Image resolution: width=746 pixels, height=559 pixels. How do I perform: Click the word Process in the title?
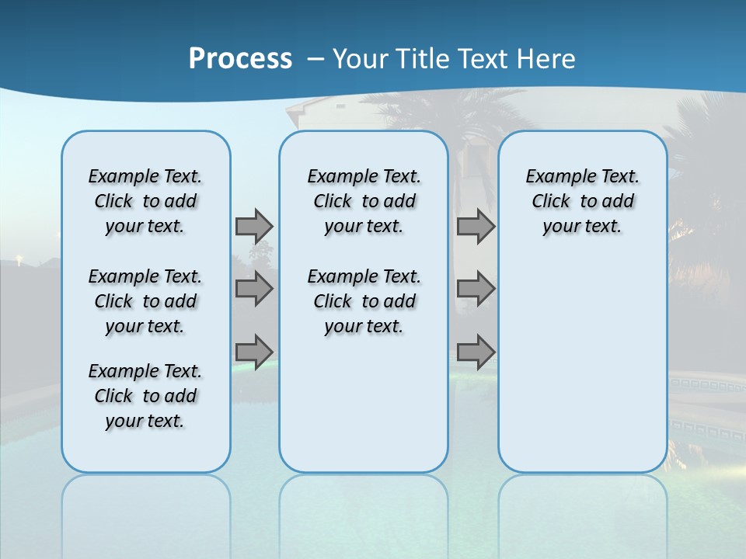[x=240, y=59]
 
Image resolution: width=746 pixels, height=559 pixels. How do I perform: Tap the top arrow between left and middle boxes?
[x=254, y=226]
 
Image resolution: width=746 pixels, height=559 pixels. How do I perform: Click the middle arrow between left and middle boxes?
[x=254, y=289]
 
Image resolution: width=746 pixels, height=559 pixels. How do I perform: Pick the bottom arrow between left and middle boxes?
[x=254, y=351]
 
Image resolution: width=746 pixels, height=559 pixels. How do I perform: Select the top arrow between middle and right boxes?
[x=476, y=226]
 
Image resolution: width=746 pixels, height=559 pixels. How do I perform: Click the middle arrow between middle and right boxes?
[x=476, y=289]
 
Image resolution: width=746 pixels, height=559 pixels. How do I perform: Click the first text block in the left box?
[x=145, y=201]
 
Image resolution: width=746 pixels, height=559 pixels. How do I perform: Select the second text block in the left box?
[x=145, y=301]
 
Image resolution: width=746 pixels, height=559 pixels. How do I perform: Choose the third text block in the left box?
[x=145, y=396]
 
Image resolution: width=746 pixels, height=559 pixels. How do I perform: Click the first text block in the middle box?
[x=364, y=201]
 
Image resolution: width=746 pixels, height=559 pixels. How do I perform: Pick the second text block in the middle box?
[x=364, y=301]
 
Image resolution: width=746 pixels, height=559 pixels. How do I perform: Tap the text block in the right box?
[x=582, y=201]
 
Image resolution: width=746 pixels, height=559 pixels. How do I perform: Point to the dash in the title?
[x=315, y=59]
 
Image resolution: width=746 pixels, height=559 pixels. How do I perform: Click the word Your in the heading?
[x=361, y=59]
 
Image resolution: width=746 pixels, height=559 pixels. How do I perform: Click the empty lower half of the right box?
[x=582, y=373]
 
